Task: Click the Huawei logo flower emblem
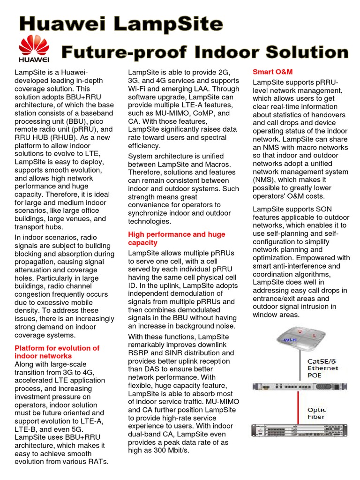[33, 46]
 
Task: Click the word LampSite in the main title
[169, 23]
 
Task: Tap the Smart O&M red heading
[272, 72]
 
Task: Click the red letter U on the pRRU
[300, 332]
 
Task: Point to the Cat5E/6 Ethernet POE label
[322, 368]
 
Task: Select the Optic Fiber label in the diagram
[317, 413]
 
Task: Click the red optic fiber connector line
[301, 412]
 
